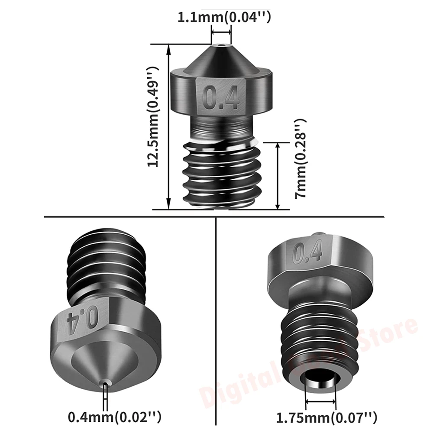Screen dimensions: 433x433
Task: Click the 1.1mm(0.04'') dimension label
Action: [x=224, y=18]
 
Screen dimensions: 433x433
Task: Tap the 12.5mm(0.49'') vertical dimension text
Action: [x=155, y=117]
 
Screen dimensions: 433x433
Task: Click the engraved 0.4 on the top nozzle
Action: [x=222, y=97]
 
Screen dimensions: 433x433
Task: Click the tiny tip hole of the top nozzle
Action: [x=221, y=45]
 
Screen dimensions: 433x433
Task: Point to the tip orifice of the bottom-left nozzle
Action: [x=104, y=381]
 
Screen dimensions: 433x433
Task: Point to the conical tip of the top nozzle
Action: [x=221, y=58]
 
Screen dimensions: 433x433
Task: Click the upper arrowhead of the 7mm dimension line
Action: [x=278, y=145]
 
